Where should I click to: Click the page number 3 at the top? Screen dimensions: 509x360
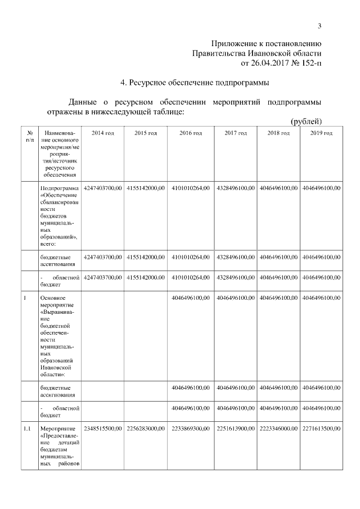319,25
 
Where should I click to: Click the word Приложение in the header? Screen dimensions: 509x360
233,43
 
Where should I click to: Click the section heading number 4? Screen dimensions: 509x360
123,83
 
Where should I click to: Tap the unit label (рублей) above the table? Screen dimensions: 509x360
306,121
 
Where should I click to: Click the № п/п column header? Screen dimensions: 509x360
29,136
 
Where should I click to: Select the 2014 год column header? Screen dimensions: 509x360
102,133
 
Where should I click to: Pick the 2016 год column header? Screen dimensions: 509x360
190,133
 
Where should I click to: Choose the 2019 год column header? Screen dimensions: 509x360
321,133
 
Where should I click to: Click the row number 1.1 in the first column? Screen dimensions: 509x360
26,429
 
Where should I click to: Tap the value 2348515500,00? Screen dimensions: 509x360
102,429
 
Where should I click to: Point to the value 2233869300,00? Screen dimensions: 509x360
190,429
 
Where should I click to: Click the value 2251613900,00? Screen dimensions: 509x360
235,429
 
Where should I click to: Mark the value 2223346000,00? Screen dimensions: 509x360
278,429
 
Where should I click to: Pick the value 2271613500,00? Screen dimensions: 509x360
321,429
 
